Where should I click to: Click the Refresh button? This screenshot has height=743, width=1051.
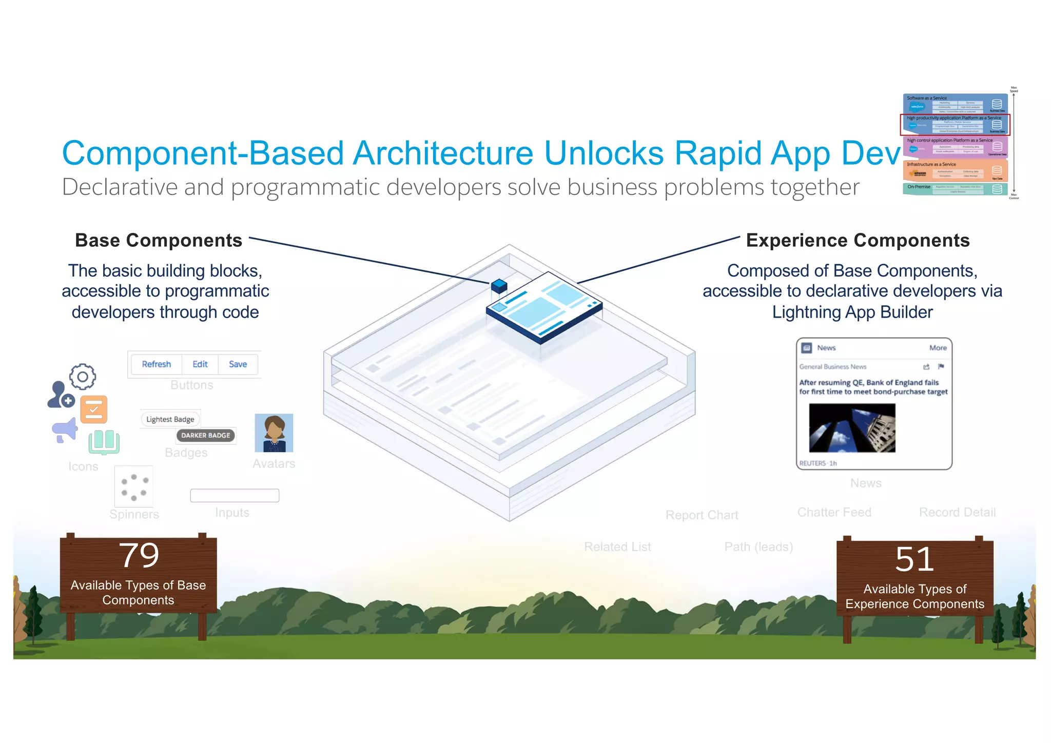point(156,364)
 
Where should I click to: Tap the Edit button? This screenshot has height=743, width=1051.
point(200,364)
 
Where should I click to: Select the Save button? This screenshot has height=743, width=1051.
point(238,364)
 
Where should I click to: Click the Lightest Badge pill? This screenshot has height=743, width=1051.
point(170,419)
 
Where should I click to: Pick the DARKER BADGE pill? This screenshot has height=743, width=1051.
point(205,435)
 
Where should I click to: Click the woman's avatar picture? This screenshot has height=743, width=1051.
point(274,433)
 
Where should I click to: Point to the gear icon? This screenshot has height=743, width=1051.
point(83,377)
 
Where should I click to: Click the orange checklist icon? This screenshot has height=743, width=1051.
point(94,409)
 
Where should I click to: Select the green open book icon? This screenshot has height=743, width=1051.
point(104,442)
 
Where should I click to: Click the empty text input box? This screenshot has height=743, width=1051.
point(235,495)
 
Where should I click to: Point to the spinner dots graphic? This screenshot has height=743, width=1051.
point(134,486)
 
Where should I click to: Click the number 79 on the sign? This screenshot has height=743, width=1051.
point(139,556)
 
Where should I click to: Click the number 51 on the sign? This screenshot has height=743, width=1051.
point(914,559)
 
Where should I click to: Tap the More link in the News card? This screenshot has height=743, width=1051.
point(938,348)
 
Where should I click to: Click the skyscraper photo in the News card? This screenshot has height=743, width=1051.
point(852,427)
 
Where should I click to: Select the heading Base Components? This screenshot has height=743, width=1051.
point(159,240)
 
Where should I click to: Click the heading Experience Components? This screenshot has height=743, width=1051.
point(858,240)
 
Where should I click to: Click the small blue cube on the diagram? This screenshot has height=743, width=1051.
point(499,286)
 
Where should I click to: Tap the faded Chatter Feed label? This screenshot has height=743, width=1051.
point(834,512)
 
